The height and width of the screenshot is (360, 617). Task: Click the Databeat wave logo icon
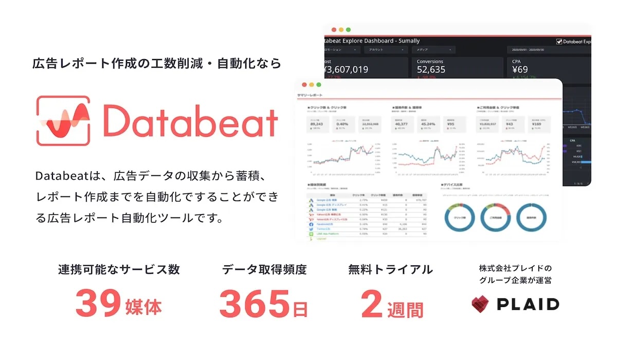pos(63,120)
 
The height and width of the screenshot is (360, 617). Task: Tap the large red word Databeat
pos(190,120)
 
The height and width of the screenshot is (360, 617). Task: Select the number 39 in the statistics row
pos(98,304)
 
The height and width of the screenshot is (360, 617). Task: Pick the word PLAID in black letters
pos(528,304)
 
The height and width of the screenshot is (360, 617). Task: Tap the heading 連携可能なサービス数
pos(119,269)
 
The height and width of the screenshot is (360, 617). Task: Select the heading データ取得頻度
pos(264,269)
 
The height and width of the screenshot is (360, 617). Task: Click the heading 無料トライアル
pos(390,269)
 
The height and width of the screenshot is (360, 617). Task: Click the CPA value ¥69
pos(520,69)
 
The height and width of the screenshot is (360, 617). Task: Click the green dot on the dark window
pos(348,30)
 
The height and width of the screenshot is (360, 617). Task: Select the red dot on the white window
pos(304,84)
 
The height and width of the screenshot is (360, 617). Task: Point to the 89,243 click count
pos(317,123)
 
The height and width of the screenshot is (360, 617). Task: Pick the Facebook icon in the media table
pos(311,224)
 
